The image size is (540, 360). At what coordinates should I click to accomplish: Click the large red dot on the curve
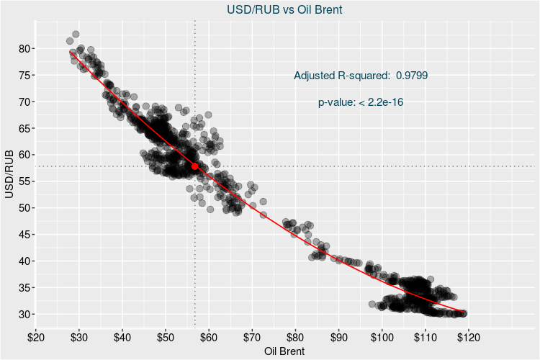pyautogui.click(x=194, y=166)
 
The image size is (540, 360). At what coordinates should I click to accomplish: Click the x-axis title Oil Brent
pyautogui.click(x=284, y=351)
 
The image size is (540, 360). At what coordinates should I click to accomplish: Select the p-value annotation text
pyautogui.click(x=360, y=102)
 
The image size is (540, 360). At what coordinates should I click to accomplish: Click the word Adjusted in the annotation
pyautogui.click(x=315, y=75)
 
